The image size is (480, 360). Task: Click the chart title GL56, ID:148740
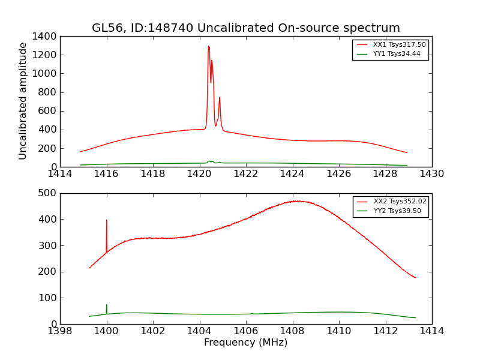(x=245, y=28)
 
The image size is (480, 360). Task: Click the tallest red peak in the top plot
(x=208, y=47)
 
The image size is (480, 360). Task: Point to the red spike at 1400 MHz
(x=107, y=221)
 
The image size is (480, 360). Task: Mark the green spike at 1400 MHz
(x=107, y=305)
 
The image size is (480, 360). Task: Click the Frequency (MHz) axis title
(x=245, y=343)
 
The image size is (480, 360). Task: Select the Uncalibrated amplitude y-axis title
(x=23, y=101)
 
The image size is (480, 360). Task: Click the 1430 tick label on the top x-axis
(x=431, y=174)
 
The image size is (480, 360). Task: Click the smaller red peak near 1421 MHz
(x=220, y=98)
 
